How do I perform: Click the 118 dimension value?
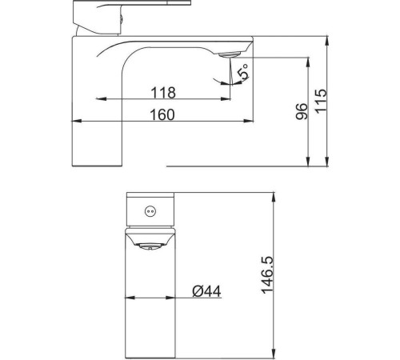pyautogui.click(x=163, y=93)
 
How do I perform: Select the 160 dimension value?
pyautogui.click(x=162, y=114)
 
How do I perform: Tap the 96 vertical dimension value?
pyautogui.click(x=302, y=111)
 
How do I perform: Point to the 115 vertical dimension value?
pyautogui.click(x=321, y=101)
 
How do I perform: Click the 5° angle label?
pyautogui.click(x=244, y=71)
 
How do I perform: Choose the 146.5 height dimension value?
pyautogui.click(x=267, y=275)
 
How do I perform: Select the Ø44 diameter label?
pyautogui.click(x=206, y=291)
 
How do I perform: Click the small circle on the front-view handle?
pyautogui.click(x=150, y=211)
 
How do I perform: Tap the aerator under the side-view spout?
pyautogui.click(x=230, y=54)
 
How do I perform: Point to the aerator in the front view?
pyautogui.click(x=150, y=246)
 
